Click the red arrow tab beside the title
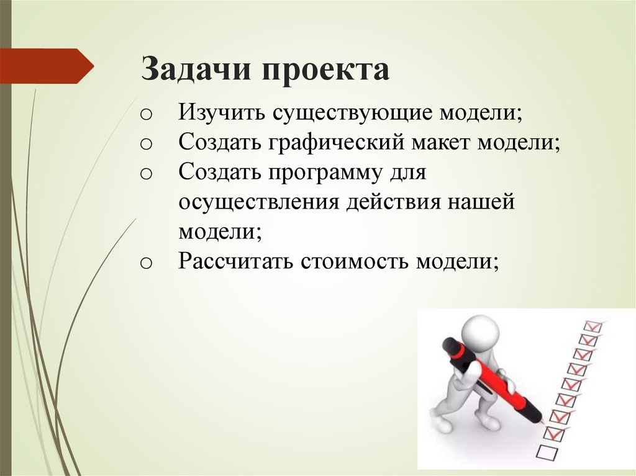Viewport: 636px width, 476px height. click(x=47, y=65)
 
